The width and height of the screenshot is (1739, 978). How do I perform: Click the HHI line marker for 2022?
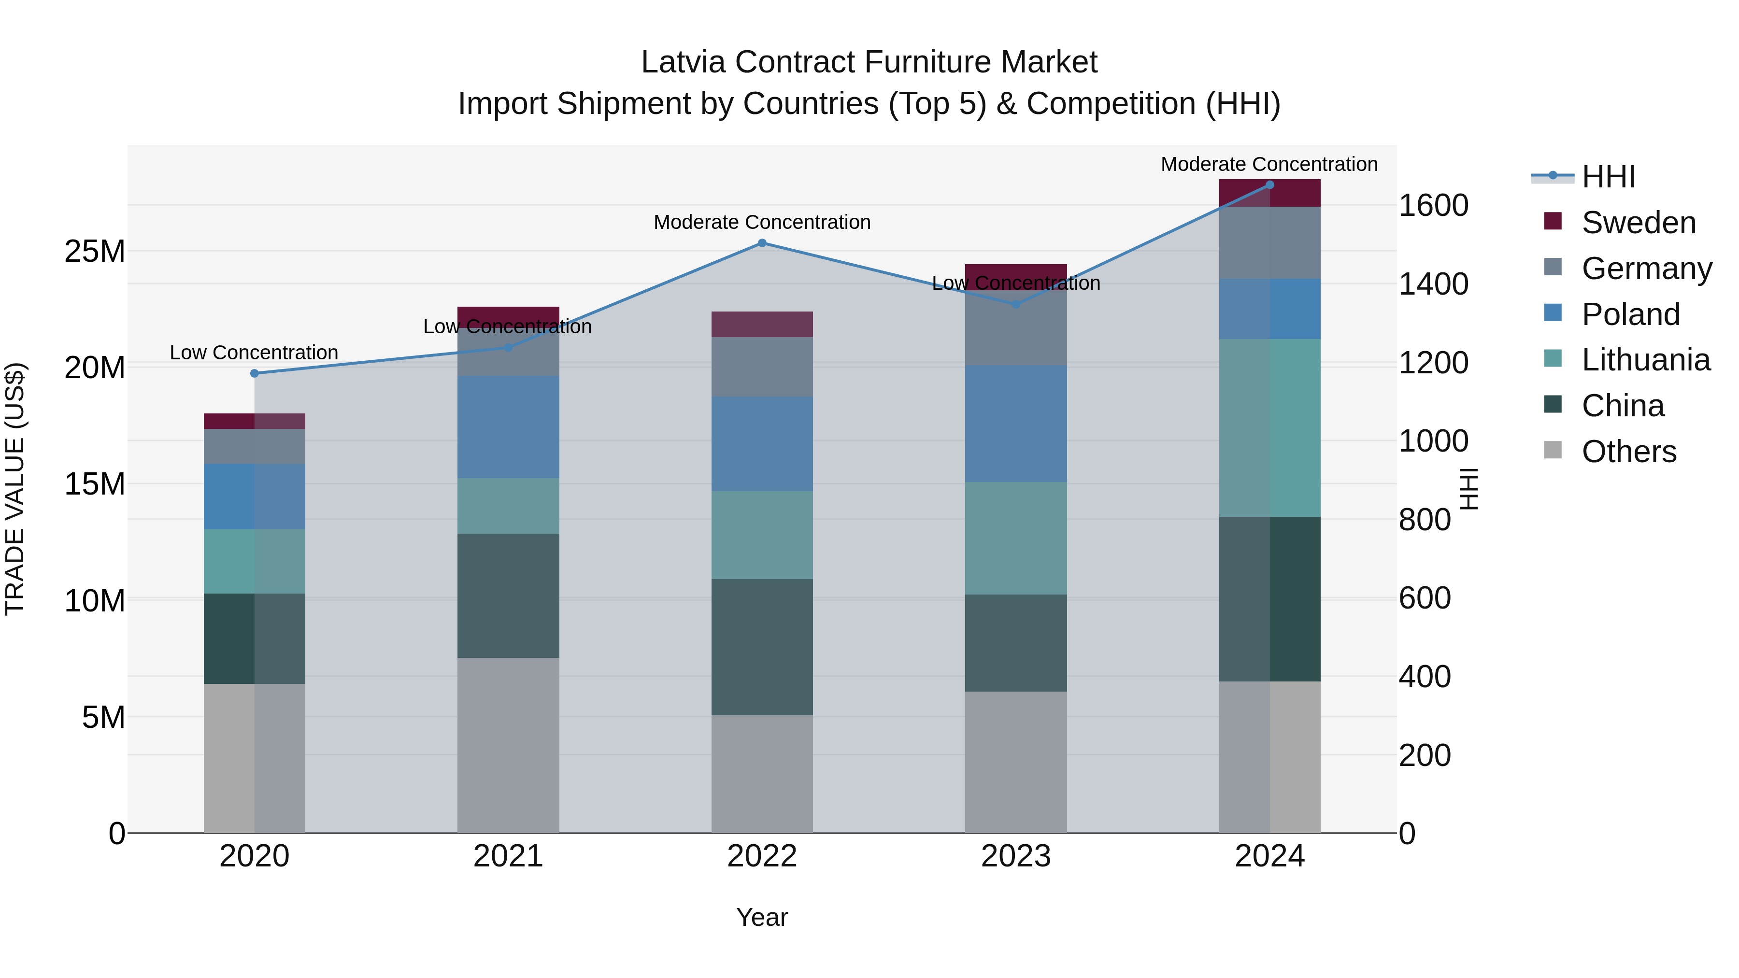pos(762,243)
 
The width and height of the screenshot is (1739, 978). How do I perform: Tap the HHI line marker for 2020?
pos(255,373)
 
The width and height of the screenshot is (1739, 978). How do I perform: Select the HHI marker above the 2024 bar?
pos(1270,185)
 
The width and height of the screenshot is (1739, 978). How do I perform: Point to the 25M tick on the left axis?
pos(95,251)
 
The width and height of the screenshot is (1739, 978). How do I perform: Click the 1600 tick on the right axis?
pos(1433,205)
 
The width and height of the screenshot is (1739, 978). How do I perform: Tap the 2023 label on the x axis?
pos(1015,856)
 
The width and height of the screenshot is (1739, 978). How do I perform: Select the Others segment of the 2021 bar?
pos(508,745)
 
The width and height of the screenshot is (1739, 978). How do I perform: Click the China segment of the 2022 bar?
pos(762,647)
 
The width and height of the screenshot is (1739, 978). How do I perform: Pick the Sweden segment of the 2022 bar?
pos(762,324)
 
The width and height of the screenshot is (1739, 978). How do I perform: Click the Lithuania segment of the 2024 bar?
pos(1270,428)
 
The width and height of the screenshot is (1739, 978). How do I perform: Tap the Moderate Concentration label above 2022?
pos(762,222)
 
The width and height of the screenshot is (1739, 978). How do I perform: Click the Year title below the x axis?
pos(762,917)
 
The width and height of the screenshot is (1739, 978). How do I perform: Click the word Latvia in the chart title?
pos(683,62)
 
